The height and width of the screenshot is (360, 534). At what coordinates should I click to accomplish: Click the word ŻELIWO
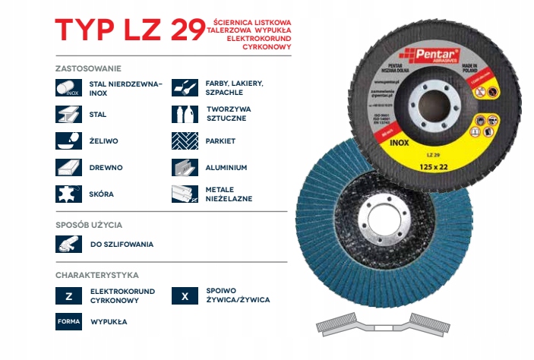[x=104, y=141]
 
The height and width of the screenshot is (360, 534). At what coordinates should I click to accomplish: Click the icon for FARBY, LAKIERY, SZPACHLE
[x=186, y=89]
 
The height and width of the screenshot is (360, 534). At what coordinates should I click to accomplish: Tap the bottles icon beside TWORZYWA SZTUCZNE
[x=186, y=115]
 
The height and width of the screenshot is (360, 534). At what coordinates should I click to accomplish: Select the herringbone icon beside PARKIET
[x=186, y=141]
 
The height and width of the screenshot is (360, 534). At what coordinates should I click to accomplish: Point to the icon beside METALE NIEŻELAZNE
[x=186, y=193]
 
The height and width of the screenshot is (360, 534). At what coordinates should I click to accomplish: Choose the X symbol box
[x=186, y=295]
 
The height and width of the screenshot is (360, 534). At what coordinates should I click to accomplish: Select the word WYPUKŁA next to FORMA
[x=109, y=321]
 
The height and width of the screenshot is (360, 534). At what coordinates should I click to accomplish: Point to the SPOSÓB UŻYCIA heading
[x=89, y=225]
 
